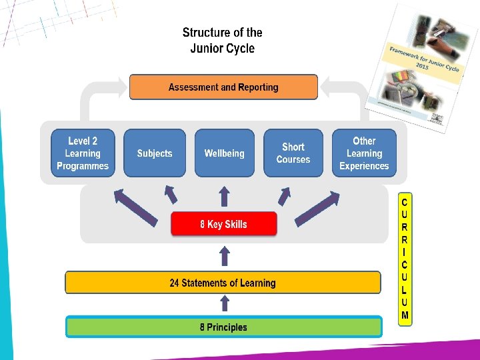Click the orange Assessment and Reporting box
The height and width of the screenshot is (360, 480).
(223, 87)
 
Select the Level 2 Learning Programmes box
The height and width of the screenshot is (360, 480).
(83, 153)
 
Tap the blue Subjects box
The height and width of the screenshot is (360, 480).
(155, 153)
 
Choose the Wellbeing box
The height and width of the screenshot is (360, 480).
(224, 153)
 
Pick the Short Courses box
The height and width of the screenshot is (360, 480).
(293, 153)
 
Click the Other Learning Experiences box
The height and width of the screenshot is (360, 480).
(364, 153)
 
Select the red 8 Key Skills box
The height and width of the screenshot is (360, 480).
(223, 225)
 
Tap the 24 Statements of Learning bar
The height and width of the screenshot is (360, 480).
(223, 283)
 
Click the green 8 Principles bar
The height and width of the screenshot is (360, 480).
(223, 327)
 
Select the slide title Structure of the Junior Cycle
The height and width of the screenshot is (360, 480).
(223, 40)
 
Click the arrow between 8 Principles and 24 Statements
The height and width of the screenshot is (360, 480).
(224, 305)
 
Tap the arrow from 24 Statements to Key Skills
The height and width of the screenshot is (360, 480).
(224, 257)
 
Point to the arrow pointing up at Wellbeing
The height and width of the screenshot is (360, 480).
(224, 196)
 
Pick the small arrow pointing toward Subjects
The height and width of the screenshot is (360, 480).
(170, 195)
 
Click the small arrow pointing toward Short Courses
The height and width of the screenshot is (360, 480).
(285, 194)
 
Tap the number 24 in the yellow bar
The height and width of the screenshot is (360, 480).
(175, 283)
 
